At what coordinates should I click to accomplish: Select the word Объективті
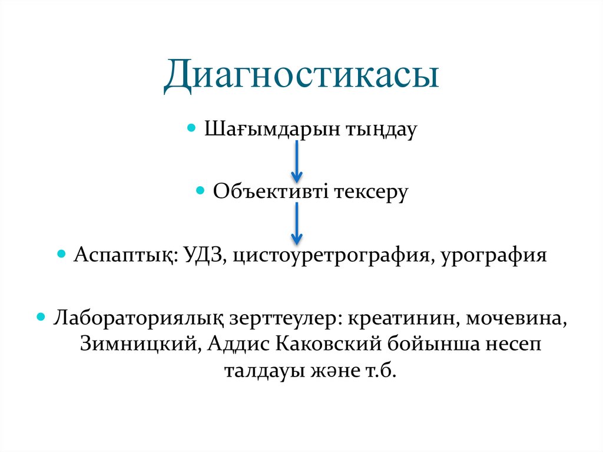[270, 192]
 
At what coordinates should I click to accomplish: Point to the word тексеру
[372, 192]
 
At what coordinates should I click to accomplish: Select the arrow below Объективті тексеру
[297, 223]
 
